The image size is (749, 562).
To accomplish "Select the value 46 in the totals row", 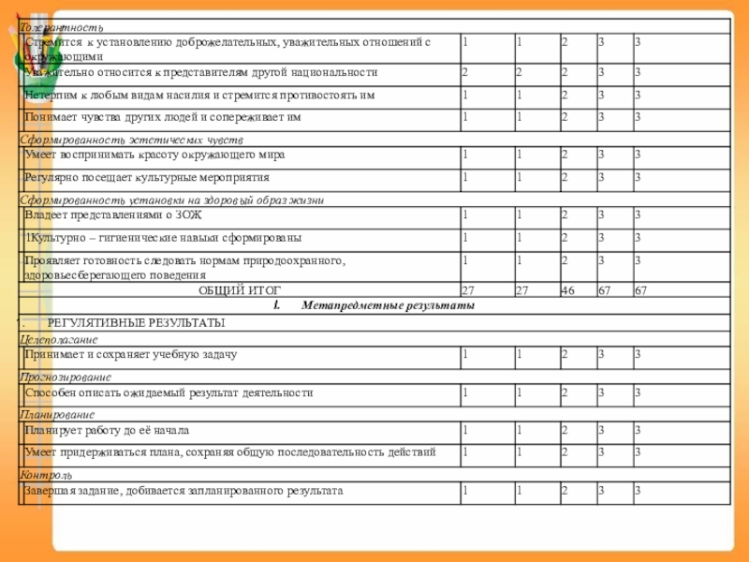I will point(567,291).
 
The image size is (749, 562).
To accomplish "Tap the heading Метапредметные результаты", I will point(388,306).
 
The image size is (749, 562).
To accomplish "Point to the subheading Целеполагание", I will point(59,339).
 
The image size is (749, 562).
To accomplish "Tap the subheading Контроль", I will point(46,475).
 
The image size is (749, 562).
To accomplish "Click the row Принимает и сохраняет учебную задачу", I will point(131,354).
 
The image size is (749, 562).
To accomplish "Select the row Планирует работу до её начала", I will point(108,430).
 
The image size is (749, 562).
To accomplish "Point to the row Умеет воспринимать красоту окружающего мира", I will point(154,154).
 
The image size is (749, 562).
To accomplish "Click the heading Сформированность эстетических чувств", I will point(131,139).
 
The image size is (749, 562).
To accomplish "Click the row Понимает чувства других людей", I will point(163,117).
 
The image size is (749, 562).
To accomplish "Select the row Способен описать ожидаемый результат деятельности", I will point(169,392).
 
